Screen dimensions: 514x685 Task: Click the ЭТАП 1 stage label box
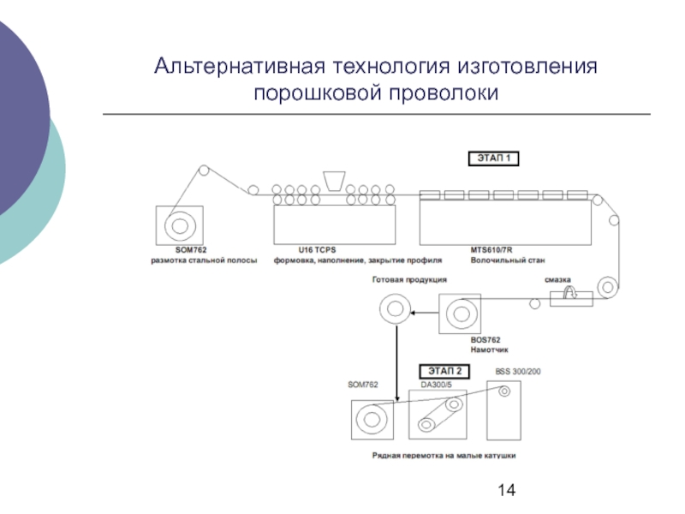point(491,158)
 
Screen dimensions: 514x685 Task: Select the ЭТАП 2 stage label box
point(443,371)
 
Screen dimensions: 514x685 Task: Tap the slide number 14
point(506,490)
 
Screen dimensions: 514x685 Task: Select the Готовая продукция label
point(408,279)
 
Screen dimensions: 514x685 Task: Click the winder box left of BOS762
point(461,314)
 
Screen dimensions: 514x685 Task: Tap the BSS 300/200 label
point(518,371)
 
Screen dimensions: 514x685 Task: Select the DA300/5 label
point(435,385)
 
